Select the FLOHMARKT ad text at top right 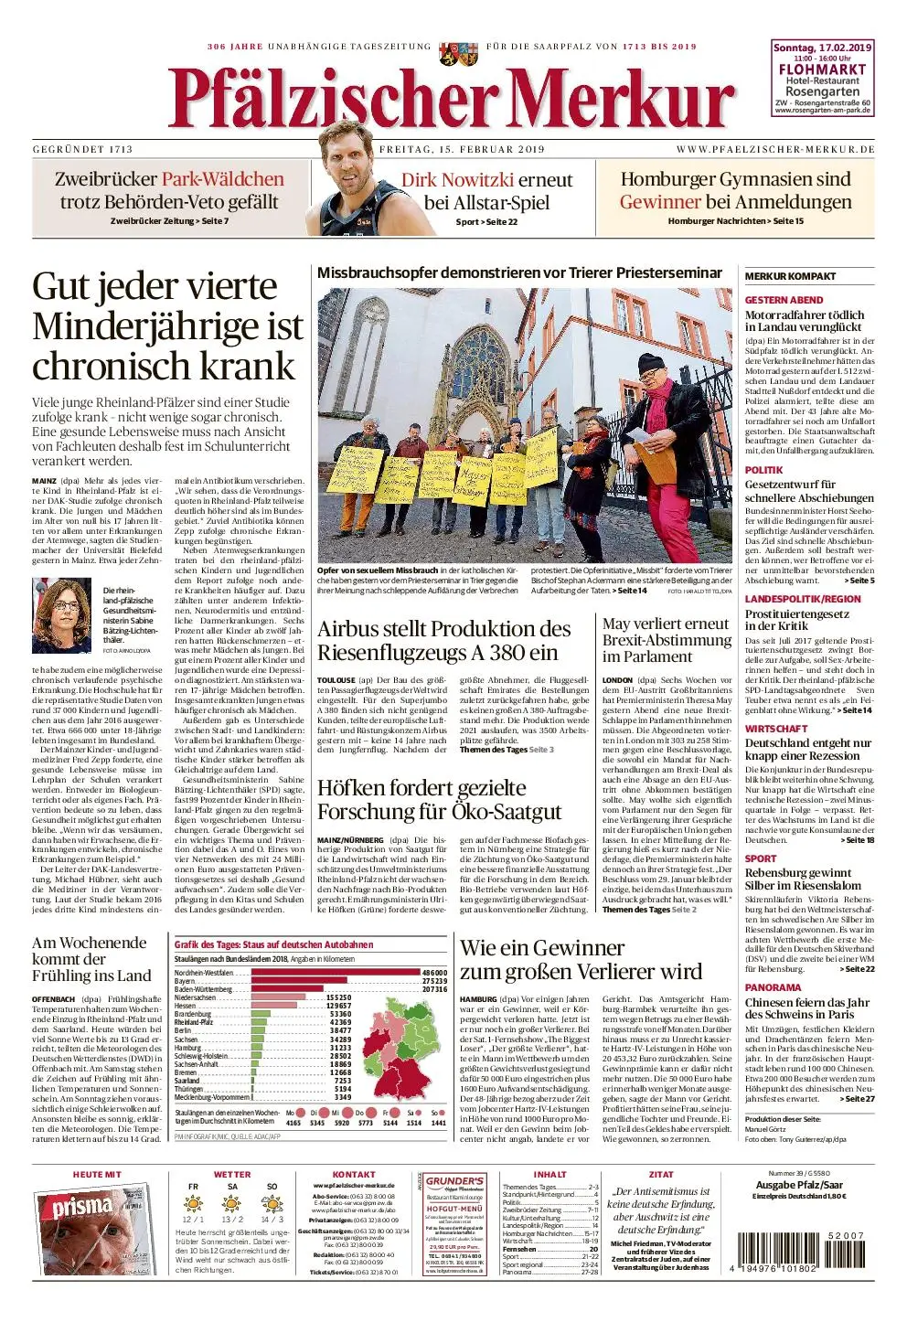pyautogui.click(x=822, y=69)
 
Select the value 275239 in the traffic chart pyautogui.click(x=434, y=981)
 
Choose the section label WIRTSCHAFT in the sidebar pyautogui.click(x=776, y=729)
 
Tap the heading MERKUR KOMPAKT pyautogui.click(x=790, y=276)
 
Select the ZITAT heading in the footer pyautogui.click(x=660, y=1174)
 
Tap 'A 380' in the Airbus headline pyautogui.click(x=517, y=653)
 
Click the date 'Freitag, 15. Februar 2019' pyautogui.click(x=462, y=149)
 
